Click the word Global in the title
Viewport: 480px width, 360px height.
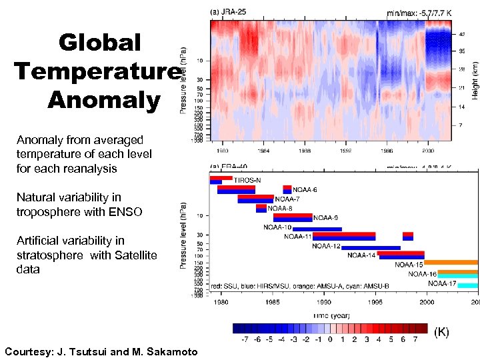pyautogui.click(x=99, y=43)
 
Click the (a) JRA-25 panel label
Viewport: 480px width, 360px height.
pyautogui.click(x=233, y=11)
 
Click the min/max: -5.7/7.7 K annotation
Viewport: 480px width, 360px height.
pyautogui.click(x=420, y=12)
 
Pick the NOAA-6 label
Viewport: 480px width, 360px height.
pyautogui.click(x=305, y=189)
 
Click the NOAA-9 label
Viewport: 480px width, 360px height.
pyautogui.click(x=326, y=217)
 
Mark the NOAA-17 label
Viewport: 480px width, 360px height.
pyautogui.click(x=441, y=283)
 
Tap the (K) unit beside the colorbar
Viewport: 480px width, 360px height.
pyautogui.click(x=441, y=331)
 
